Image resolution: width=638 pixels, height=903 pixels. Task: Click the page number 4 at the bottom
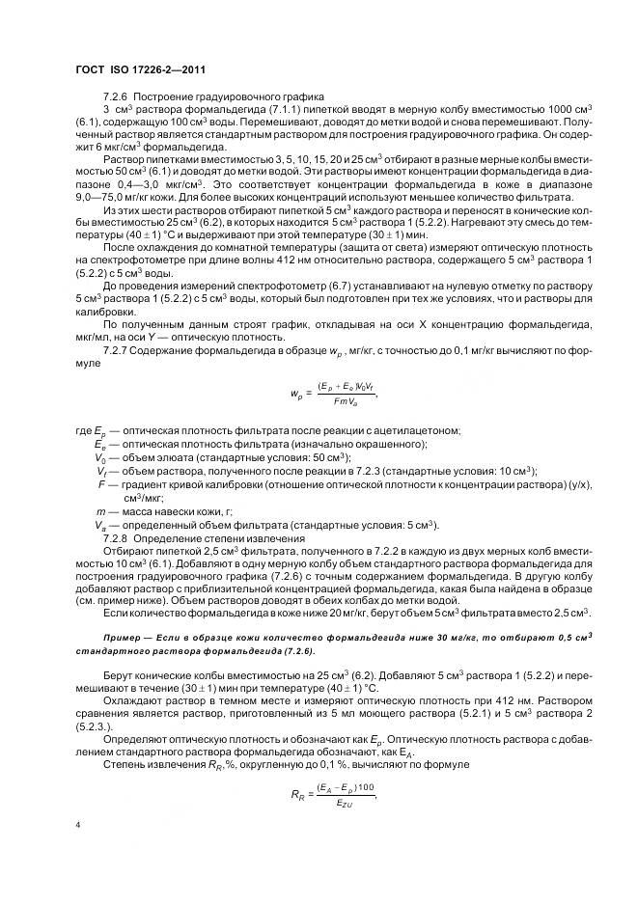coord(77,825)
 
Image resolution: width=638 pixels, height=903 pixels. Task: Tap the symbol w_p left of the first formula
coord(297,394)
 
